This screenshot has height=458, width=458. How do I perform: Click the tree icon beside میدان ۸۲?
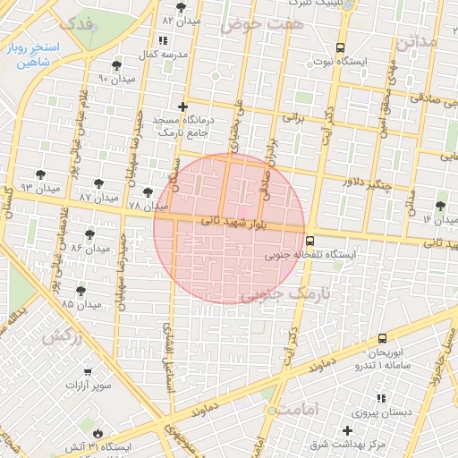181,7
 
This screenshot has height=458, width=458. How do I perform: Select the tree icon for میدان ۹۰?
117,65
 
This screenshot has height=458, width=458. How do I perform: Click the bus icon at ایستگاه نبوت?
339,48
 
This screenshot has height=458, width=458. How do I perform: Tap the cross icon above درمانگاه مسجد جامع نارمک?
183,106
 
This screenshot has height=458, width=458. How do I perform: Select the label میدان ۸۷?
99,196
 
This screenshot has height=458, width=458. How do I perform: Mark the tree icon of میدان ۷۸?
148,191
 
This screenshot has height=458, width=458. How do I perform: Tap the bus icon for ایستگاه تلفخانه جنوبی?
310,241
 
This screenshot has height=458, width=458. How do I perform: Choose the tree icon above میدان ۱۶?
441,206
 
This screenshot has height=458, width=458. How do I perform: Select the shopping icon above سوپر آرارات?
87,371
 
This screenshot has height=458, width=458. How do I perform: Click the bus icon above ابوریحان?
382,338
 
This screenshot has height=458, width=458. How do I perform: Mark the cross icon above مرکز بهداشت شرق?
348,430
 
